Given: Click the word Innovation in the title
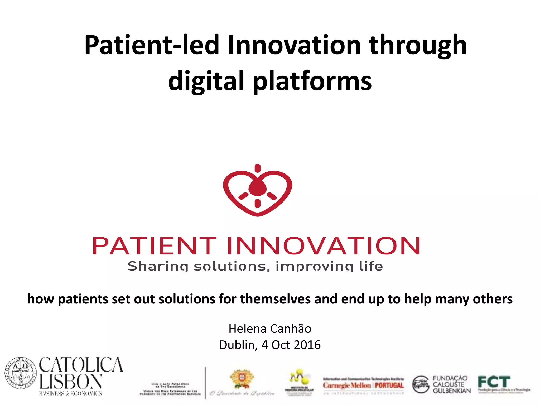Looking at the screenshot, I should click(294, 45).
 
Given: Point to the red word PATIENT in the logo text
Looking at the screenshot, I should click(154, 246).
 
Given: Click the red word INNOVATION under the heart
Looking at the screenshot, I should click(323, 246).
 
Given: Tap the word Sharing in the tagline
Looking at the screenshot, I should click(158, 266).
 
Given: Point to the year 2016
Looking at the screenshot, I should click(307, 345).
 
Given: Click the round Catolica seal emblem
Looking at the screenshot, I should click(21, 373).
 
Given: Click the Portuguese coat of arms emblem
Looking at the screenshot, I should click(242, 379).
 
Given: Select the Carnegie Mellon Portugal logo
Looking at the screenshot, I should click(363, 385).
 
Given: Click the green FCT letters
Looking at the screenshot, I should click(494, 382).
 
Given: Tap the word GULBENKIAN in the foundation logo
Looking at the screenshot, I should click(452, 391).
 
